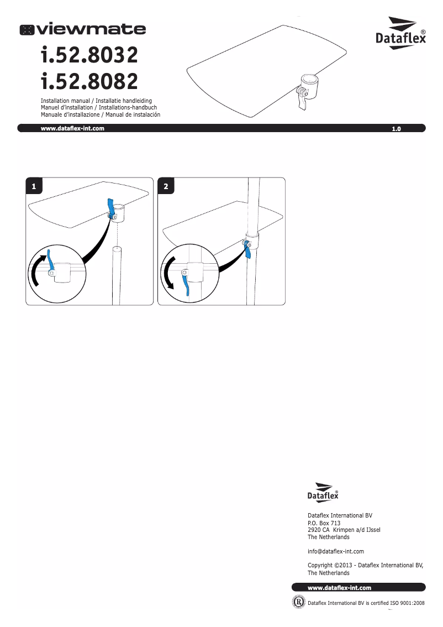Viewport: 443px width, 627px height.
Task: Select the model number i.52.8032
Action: point(89,55)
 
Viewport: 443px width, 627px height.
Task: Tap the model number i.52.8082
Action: point(89,82)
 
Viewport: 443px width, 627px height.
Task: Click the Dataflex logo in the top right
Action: point(400,34)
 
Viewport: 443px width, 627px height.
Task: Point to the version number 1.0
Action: point(395,129)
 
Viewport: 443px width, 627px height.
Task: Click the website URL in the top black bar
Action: point(72,128)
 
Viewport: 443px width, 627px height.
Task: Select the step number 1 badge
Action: point(34,186)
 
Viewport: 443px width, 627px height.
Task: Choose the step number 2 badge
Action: point(166,186)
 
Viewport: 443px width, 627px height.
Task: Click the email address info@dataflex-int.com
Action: point(335,551)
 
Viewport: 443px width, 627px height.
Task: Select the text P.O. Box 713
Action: point(324,523)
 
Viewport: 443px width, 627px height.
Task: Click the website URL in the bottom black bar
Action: point(339,588)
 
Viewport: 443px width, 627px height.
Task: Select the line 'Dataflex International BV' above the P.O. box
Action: point(340,515)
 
